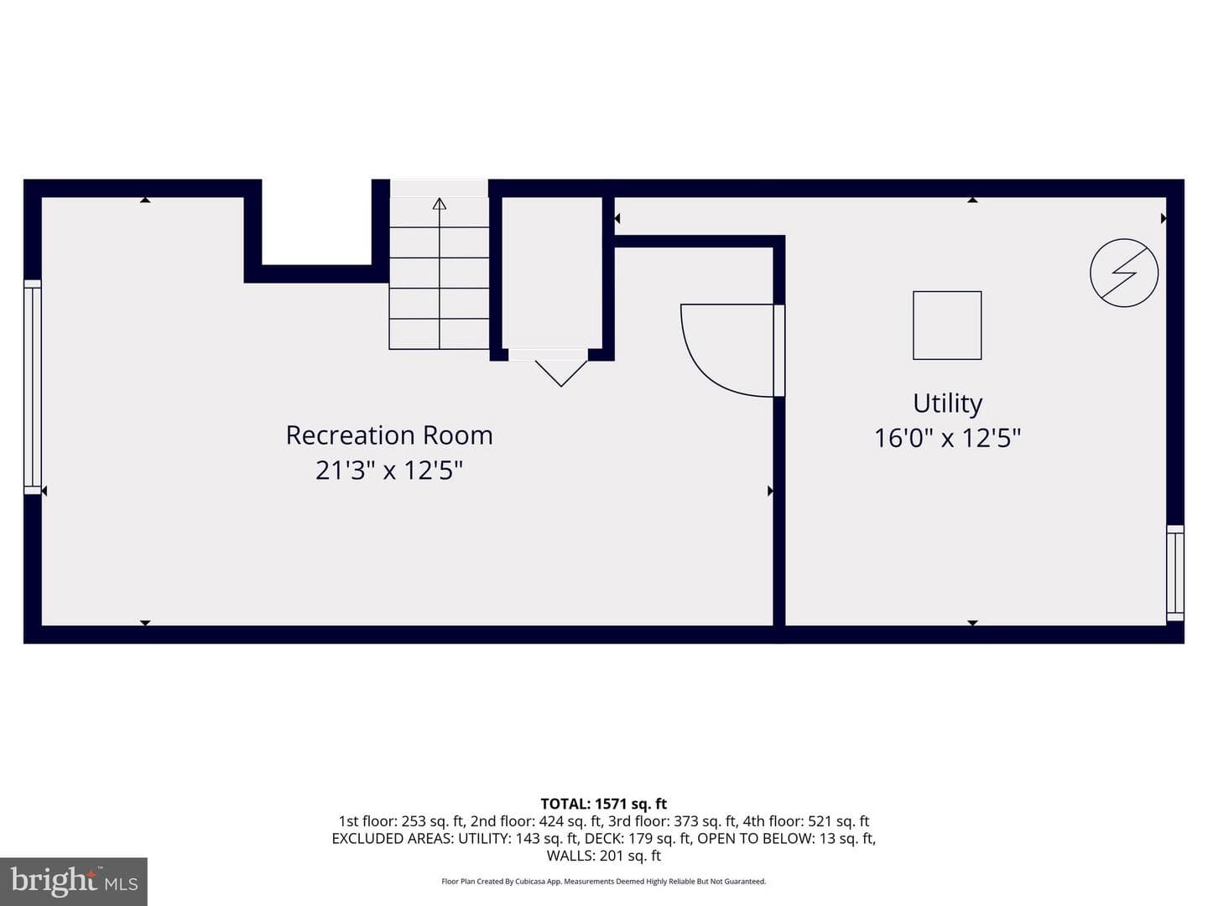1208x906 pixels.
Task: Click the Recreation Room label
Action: tap(389, 435)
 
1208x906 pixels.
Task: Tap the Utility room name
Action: tap(947, 404)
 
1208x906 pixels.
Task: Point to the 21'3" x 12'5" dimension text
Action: tap(389, 471)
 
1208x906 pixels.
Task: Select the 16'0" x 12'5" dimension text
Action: tap(947, 439)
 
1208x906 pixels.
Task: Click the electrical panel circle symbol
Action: tap(1124, 273)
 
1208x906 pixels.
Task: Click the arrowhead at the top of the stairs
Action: tap(440, 204)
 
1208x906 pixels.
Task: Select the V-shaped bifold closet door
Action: tap(561, 373)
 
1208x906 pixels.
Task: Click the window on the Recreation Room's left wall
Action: tap(33, 388)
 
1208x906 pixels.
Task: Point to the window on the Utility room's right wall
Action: tap(1175, 573)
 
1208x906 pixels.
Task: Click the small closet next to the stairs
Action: tap(551, 273)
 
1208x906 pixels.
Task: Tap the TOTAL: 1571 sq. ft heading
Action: tap(604, 804)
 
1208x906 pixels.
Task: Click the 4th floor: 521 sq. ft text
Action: tap(805, 821)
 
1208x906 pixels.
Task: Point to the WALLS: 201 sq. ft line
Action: tap(604, 856)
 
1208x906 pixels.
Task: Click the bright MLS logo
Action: tap(74, 881)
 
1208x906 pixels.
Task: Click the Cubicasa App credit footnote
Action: tap(604, 881)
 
